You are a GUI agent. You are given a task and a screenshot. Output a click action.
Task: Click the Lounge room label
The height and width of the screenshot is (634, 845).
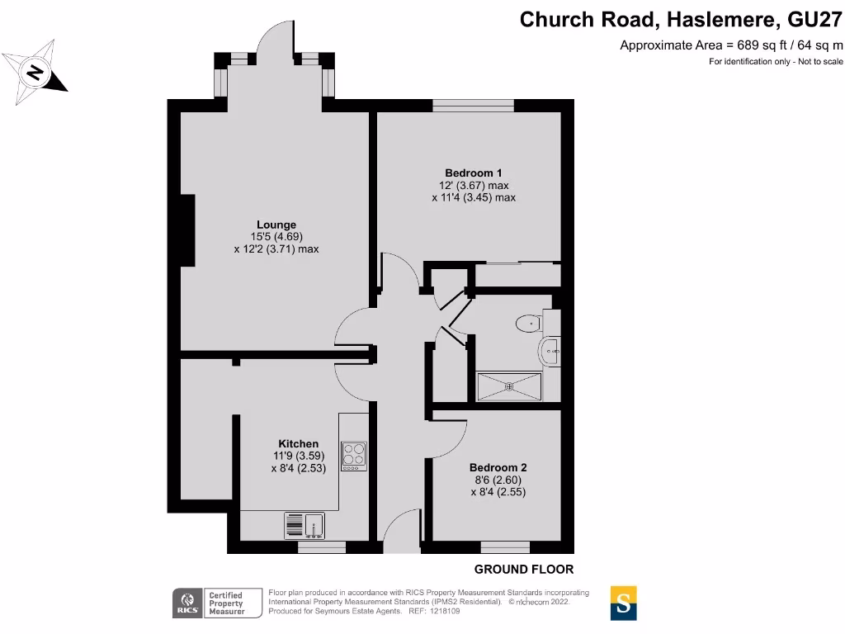tap(276, 225)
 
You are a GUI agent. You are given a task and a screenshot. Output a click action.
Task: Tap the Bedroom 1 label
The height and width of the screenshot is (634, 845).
tap(473, 173)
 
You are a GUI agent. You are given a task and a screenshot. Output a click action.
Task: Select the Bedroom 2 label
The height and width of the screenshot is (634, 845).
tap(498, 467)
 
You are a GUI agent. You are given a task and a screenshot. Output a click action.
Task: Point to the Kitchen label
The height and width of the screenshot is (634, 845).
tap(299, 443)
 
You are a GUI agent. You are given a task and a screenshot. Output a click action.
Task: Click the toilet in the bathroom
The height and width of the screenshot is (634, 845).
tap(529, 324)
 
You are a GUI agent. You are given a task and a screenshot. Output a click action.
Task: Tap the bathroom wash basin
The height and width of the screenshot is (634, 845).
tap(550, 352)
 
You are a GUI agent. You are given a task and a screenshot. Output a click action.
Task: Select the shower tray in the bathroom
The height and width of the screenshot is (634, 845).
tap(509, 386)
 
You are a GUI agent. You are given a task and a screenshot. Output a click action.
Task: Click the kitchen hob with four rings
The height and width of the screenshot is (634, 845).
tap(354, 456)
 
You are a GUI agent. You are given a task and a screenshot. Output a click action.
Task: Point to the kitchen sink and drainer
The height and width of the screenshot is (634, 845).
tap(304, 526)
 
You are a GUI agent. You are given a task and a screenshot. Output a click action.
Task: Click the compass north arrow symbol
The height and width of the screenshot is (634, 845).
tap(35, 73)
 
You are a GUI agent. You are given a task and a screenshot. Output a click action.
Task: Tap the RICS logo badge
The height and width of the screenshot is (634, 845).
tap(187, 603)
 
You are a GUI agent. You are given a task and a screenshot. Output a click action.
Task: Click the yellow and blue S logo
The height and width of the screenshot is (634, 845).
tap(624, 603)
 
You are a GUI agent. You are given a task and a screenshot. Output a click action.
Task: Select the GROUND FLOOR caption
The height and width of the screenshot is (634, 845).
tap(524, 570)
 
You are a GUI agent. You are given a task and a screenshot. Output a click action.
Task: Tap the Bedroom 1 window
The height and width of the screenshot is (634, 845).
tap(473, 106)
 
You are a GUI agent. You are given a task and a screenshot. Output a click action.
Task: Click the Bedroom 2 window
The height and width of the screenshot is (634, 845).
tap(506, 547)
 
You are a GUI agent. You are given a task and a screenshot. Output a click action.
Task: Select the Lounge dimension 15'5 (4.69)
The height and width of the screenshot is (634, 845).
tap(276, 237)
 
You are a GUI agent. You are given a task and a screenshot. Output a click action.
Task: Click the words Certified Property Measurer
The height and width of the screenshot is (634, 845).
tap(227, 603)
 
